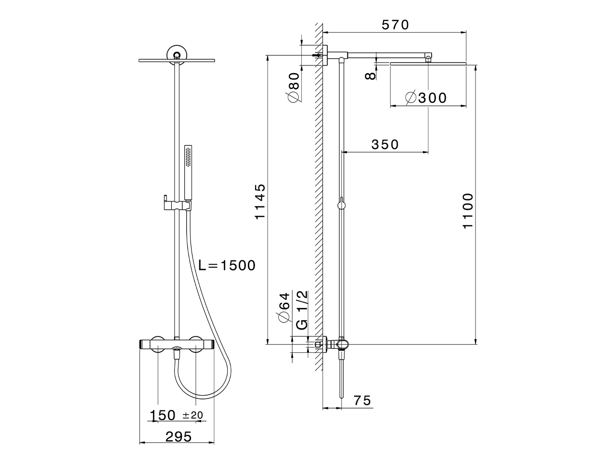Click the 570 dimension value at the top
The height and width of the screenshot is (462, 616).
[395, 25]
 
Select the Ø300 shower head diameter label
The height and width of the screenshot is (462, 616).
[426, 98]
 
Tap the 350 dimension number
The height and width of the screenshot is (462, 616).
[385, 144]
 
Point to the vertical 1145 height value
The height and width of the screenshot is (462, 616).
[260, 202]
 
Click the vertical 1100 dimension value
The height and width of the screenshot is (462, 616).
[468, 211]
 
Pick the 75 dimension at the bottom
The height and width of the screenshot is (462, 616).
[362, 400]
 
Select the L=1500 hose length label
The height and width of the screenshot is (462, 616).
[227, 265]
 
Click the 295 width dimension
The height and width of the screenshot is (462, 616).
[179, 437]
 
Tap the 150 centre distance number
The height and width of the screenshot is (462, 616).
[163, 415]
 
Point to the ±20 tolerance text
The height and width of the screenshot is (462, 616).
[193, 415]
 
